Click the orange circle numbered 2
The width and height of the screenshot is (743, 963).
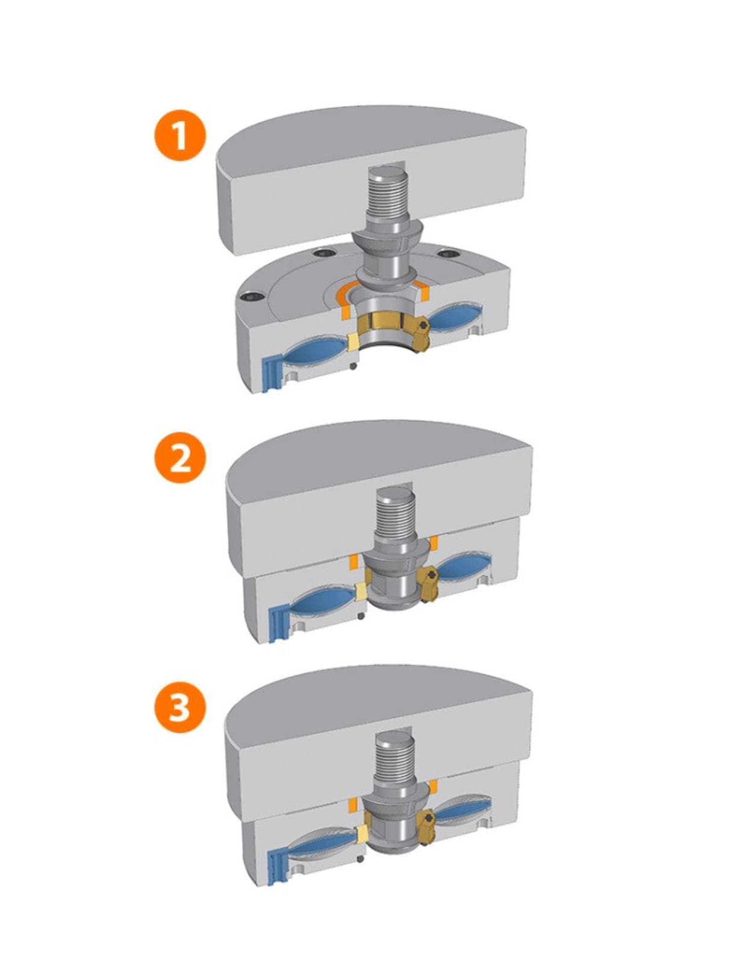(x=180, y=459)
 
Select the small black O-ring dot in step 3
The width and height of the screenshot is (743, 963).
(x=361, y=859)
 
